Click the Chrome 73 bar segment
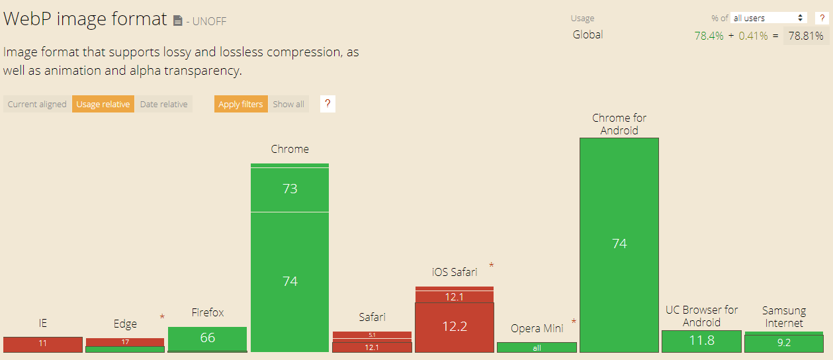coord(290,189)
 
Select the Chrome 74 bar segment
coord(290,281)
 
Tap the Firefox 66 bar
coord(207,338)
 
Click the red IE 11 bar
coord(43,344)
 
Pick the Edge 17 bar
coord(125,342)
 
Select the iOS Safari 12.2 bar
coord(455,327)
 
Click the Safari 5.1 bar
coord(372,335)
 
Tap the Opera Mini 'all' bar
coord(537,347)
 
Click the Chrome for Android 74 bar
coord(619,244)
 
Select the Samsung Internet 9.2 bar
coord(783,343)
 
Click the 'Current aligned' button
coord(37,104)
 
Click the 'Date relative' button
coord(163,104)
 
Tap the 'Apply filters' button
coord(241,104)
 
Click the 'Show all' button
coord(288,104)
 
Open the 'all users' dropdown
coord(769,18)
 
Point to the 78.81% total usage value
coord(806,36)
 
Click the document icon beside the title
coord(177,21)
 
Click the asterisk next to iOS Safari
coord(491,265)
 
